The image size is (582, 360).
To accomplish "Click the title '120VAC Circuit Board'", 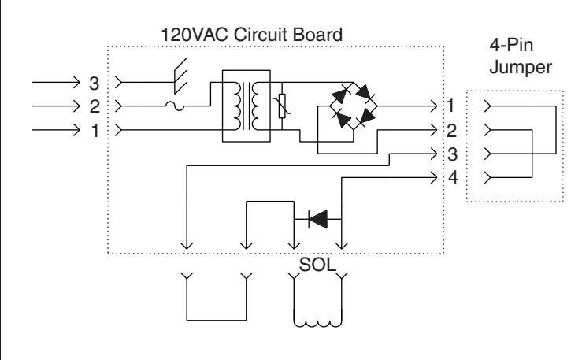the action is pyautogui.click(x=251, y=35).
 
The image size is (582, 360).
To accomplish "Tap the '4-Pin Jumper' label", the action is pyautogui.click(x=520, y=57).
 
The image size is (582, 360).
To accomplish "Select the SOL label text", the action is pyautogui.click(x=317, y=265).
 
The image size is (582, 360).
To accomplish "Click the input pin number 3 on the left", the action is pyautogui.click(x=95, y=84).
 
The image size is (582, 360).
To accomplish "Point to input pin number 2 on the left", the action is pyautogui.click(x=95, y=107).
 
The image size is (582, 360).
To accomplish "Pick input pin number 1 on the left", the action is pyautogui.click(x=95, y=131).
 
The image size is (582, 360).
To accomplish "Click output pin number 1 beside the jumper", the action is pyautogui.click(x=450, y=106).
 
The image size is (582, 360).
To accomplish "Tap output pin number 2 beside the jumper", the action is pyautogui.click(x=451, y=131).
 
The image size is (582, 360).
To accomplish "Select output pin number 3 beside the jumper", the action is pyautogui.click(x=452, y=154).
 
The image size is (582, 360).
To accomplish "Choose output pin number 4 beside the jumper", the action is pyautogui.click(x=453, y=177).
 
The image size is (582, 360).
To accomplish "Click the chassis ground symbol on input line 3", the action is pyautogui.click(x=180, y=76).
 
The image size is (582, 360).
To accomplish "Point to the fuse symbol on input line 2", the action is pyautogui.click(x=175, y=107).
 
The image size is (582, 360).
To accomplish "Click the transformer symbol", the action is pyautogui.click(x=246, y=106).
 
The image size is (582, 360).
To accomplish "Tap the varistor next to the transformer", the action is pyautogui.click(x=282, y=106).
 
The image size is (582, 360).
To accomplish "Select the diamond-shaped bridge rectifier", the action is pyautogui.click(x=354, y=106).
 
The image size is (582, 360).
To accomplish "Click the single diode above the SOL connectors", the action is pyautogui.click(x=318, y=219).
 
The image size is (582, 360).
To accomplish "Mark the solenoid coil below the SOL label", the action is pyautogui.click(x=317, y=324).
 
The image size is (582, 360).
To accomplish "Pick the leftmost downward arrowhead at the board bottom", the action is pyautogui.click(x=187, y=245).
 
